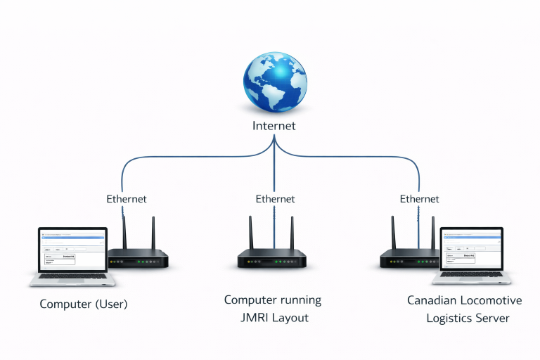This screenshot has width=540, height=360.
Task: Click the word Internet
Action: click(x=274, y=127)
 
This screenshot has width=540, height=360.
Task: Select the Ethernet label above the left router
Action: click(x=127, y=199)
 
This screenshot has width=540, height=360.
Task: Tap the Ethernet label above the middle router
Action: click(x=275, y=199)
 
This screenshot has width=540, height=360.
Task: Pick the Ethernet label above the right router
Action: click(x=420, y=199)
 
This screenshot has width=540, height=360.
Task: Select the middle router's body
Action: click(x=272, y=259)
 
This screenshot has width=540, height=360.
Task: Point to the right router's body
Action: click(x=408, y=259)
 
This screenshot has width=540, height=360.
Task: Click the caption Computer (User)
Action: click(x=84, y=304)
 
